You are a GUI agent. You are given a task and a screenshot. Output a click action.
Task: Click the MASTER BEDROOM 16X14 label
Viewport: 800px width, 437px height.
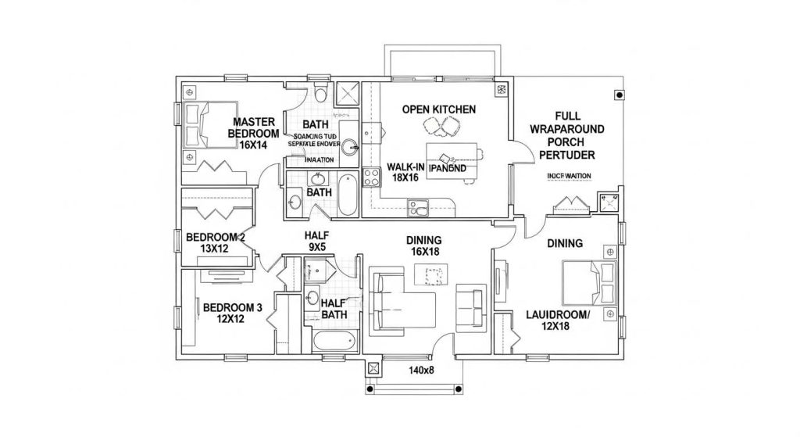252,133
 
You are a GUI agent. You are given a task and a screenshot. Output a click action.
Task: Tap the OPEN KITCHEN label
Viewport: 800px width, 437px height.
438,109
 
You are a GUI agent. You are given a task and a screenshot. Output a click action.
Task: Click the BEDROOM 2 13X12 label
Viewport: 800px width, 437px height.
216,243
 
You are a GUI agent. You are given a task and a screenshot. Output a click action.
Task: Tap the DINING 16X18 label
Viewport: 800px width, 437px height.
423,246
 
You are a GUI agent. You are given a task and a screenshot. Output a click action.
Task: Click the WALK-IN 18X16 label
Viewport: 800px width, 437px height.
406,172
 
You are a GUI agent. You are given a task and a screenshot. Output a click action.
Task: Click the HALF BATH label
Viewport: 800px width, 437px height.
334,310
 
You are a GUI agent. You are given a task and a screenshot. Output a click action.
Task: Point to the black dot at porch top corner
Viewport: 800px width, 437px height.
620,95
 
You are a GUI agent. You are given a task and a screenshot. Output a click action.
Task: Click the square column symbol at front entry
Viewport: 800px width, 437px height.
373,367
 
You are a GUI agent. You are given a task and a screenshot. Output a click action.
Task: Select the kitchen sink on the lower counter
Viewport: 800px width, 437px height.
419,209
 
